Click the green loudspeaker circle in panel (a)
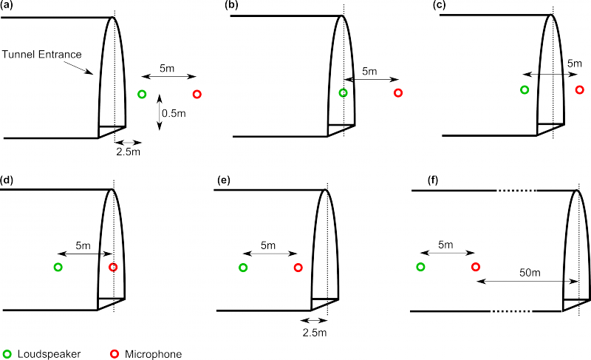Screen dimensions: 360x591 tap(143, 94)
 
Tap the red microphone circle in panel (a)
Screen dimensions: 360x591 tap(197, 94)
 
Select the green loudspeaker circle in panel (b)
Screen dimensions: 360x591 tap(343, 92)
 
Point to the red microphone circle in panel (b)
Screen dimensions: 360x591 tap(398, 92)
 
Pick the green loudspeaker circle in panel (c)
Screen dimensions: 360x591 tap(525, 90)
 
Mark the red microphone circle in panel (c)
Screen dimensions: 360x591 tap(580, 89)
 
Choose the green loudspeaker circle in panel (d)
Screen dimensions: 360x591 tap(58, 267)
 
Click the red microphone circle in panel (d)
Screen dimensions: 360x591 tap(113, 267)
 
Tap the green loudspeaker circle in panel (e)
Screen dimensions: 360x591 tap(243, 267)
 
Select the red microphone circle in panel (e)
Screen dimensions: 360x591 tap(298, 267)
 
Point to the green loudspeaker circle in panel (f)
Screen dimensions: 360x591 tap(420, 267)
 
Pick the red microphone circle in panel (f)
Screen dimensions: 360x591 tap(476, 267)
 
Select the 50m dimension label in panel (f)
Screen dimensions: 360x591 tap(530, 274)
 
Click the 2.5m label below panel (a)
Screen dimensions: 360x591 tap(129, 152)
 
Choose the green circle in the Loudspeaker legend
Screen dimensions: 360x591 tap(7, 354)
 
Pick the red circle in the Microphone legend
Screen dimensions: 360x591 tap(115, 354)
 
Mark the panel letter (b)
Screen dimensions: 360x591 tap(232, 5)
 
